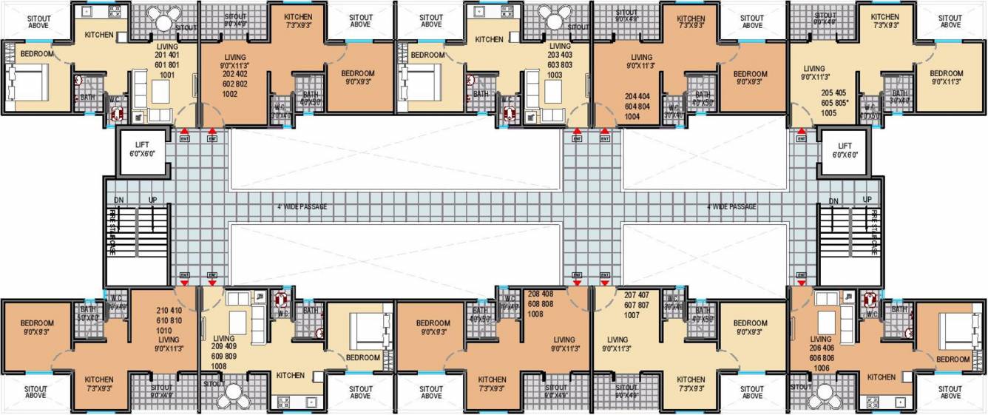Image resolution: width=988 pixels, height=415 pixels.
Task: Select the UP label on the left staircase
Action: [x=153, y=200]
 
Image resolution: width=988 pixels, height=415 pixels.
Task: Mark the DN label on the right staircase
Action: [x=833, y=200]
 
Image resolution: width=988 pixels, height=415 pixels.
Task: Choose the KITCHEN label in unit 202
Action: [x=297, y=16]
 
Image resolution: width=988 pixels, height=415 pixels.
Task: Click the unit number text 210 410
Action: [x=169, y=310]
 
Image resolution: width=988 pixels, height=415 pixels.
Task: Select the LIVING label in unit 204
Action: [x=636, y=57]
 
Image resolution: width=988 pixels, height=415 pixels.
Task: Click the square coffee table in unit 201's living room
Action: [x=160, y=91]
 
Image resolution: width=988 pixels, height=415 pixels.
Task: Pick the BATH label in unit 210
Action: [x=88, y=309]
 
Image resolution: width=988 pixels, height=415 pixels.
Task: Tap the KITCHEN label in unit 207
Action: [x=691, y=379]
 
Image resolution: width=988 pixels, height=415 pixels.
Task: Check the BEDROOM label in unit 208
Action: [x=433, y=323]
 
